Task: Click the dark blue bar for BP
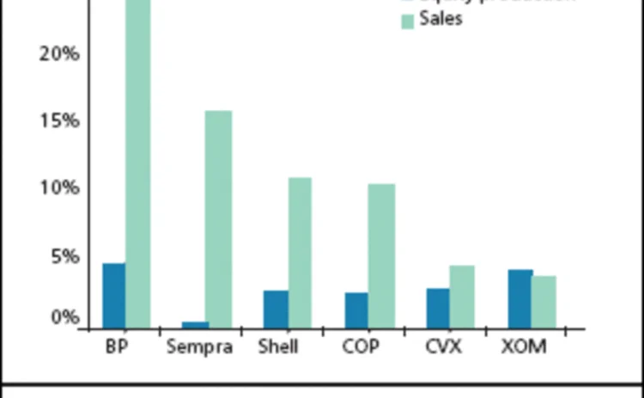113,295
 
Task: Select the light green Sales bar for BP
137,163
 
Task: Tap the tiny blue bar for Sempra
195,324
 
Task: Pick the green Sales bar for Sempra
219,218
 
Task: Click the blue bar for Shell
276,309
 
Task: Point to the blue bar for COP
356,309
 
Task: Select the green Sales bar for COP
380,255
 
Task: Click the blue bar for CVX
438,308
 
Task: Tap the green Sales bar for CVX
462,297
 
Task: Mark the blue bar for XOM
519,298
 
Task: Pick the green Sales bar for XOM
544,302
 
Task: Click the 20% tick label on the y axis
59,53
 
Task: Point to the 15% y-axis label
59,120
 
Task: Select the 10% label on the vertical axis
59,188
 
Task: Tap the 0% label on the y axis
64,318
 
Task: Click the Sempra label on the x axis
199,347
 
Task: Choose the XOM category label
523,347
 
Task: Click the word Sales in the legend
440,19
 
